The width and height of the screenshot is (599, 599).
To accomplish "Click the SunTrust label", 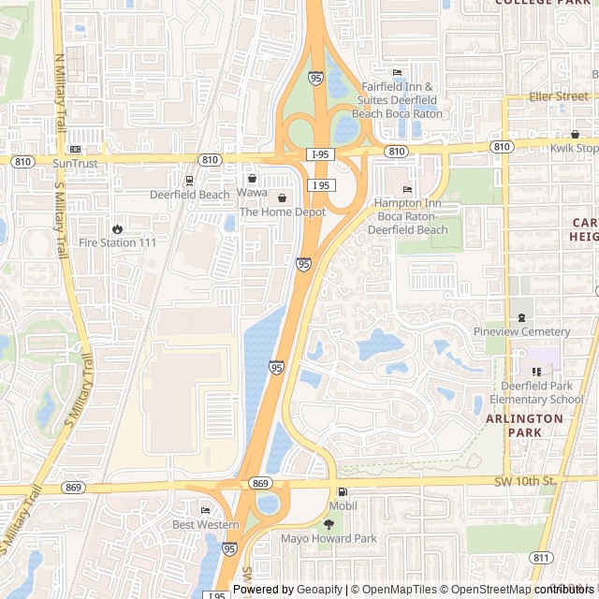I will [x=75, y=163].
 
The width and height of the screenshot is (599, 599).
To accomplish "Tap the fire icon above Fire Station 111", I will [x=117, y=228].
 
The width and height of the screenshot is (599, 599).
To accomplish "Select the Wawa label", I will [x=251, y=192].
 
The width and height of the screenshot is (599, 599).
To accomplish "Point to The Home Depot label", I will [x=283, y=212].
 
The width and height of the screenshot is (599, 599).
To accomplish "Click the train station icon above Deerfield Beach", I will [x=189, y=181].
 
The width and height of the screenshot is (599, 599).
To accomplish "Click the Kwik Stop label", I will [x=575, y=149].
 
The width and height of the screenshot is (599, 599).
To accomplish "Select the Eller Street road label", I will [x=559, y=96].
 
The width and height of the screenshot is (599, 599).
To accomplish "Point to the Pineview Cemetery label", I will [x=521, y=331].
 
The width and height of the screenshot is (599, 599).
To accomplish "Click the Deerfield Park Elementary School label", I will [x=536, y=393].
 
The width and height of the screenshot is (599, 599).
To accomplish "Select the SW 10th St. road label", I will [x=525, y=481].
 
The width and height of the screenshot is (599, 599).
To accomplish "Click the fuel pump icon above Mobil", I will [x=343, y=492].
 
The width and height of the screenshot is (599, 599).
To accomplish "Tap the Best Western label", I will [x=205, y=525].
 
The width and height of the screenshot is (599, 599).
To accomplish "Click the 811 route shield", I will [x=540, y=558].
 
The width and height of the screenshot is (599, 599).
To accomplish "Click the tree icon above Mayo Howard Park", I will [x=328, y=525].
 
